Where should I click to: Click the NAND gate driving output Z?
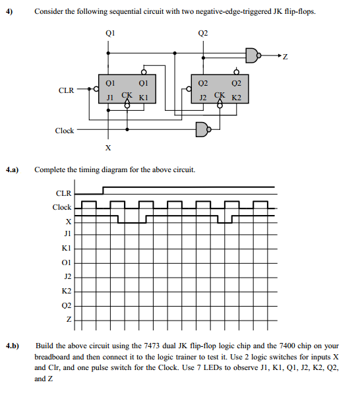(253, 55)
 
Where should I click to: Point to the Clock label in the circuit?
(64, 131)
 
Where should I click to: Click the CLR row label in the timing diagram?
(63, 193)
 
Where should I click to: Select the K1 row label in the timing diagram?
(66, 249)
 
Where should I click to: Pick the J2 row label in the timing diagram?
(67, 276)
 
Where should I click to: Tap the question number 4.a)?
(13, 170)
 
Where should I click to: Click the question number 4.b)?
(13, 345)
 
